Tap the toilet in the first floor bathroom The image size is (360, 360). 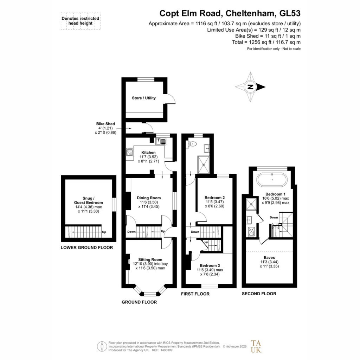click(x=192, y=144)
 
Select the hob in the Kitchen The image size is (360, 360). click(x=130, y=152)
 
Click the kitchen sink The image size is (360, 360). click(x=161, y=141)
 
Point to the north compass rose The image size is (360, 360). click(x=250, y=87)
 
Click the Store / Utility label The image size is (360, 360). click(x=144, y=98)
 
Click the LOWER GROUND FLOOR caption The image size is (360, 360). click(x=87, y=247)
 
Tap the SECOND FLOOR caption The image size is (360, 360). click(x=259, y=294)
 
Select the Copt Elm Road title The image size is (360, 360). click(x=230, y=13)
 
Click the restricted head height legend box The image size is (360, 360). click(x=81, y=21)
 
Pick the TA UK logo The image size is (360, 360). click(x=256, y=346)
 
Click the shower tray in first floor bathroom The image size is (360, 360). click(x=204, y=165)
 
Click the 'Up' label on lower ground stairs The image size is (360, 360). click(x=104, y=232)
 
